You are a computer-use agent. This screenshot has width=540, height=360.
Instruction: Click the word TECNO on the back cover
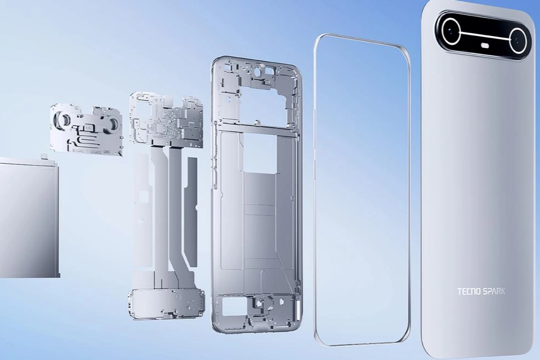pyautogui.click(x=469, y=291)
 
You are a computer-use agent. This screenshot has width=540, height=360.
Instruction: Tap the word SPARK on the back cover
pyautogui.click(x=494, y=291)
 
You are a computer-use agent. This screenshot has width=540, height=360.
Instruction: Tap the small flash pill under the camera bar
pyautogui.click(x=485, y=45)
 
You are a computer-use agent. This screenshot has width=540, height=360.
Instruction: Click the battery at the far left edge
pyautogui.click(x=29, y=217)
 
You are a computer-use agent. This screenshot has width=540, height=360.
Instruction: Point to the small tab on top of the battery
pyautogui.click(x=44, y=157)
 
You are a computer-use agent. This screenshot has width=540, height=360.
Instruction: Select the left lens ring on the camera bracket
pyautogui.click(x=64, y=119)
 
